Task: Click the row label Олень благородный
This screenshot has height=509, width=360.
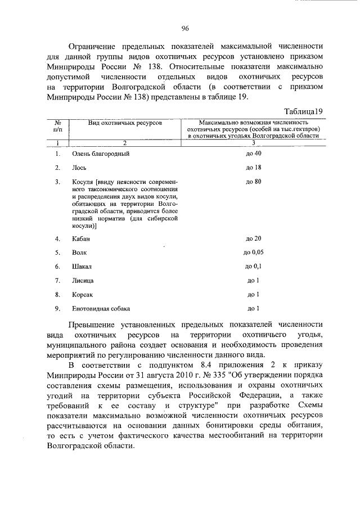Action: (x=101, y=154)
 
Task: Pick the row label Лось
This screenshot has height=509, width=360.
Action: (x=79, y=168)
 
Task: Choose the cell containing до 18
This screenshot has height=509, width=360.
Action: (x=254, y=168)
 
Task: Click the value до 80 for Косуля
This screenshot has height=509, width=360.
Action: (x=254, y=182)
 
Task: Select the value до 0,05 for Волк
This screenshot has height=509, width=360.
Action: (x=254, y=253)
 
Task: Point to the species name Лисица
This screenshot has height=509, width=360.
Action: (x=83, y=281)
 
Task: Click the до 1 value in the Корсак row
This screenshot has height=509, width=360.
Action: (x=254, y=295)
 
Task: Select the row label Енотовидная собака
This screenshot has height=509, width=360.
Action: (x=101, y=309)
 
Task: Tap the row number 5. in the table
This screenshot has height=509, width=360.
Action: (x=57, y=253)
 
